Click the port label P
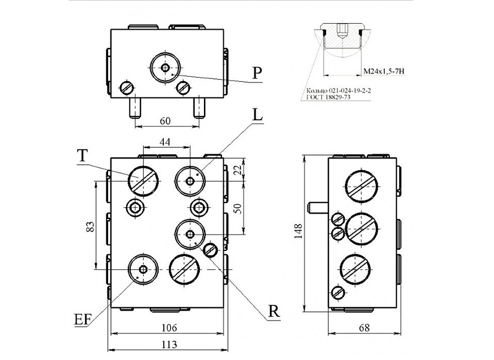[257, 73]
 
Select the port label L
[257, 115]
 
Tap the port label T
[82, 156]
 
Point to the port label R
[274, 312]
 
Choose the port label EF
[83, 319]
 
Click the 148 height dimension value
[298, 231]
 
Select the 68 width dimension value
[364, 328]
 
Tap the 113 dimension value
[169, 344]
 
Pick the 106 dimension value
[169, 328]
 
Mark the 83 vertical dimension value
[90, 227]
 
